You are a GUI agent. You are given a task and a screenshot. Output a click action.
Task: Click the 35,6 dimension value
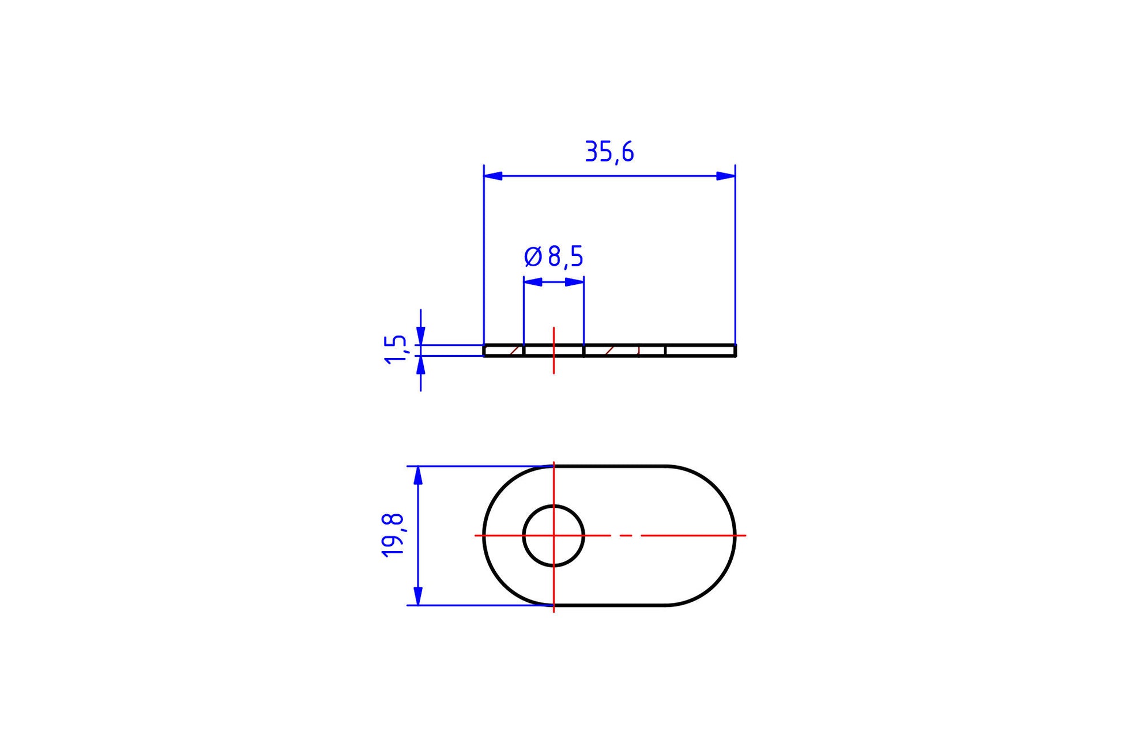tap(609, 152)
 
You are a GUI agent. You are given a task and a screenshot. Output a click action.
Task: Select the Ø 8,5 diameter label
tap(554, 256)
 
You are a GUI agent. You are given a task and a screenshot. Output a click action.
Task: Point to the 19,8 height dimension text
tap(393, 535)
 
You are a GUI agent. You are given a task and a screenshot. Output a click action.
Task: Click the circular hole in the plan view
tap(554, 505)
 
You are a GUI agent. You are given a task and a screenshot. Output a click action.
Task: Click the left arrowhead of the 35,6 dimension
tap(493, 176)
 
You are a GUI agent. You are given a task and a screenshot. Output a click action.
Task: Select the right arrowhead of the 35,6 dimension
tap(726, 176)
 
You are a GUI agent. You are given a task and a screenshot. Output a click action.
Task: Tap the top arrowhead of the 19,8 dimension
tap(419, 475)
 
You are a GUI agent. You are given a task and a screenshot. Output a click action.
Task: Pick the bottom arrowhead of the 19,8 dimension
tap(419, 596)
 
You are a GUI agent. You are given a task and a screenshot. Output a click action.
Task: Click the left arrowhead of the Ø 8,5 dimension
tap(533, 282)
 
